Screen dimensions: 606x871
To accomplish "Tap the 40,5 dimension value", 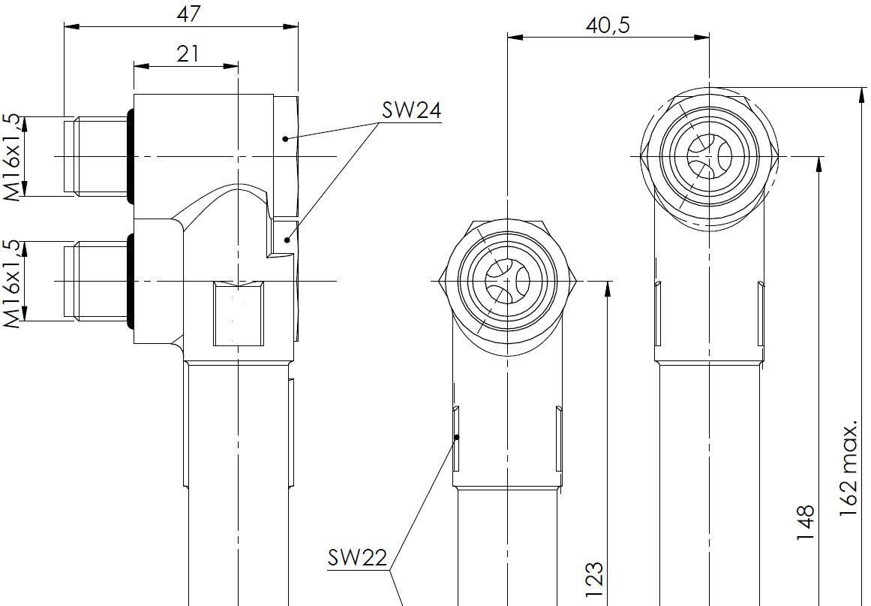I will pyautogui.click(x=607, y=24).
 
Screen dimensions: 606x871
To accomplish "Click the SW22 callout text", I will pyautogui.click(x=357, y=557).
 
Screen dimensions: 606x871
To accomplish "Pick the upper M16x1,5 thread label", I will pyautogui.click(x=12, y=156).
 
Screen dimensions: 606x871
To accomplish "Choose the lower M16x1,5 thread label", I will pyautogui.click(x=12, y=282).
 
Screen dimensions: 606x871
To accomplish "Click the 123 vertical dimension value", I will pyautogui.click(x=593, y=580).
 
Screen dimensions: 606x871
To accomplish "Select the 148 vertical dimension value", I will pyautogui.click(x=805, y=523).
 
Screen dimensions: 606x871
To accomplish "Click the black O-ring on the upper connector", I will pyautogui.click(x=131, y=156).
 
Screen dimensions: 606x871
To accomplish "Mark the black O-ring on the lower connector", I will pyautogui.click(x=131, y=282).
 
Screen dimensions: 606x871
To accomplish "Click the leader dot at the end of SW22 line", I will pyautogui.click(x=456, y=436).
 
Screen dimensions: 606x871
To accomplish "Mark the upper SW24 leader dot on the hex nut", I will pyautogui.click(x=285, y=139).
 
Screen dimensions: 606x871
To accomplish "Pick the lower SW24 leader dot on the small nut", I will pyautogui.click(x=288, y=240).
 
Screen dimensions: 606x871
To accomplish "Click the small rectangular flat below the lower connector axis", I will pyautogui.click(x=236, y=314).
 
